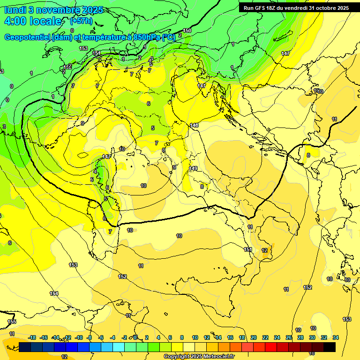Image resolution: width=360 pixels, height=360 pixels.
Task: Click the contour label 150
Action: (x=187, y=31)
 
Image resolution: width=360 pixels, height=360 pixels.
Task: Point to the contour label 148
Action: (x=194, y=126)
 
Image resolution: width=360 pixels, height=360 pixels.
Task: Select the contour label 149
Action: (x=193, y=168)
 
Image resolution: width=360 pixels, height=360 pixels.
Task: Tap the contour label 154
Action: (x=54, y=293)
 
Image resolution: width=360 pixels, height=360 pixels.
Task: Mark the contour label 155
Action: (x=12, y=322)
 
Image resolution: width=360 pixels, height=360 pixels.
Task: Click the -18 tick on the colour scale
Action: (x=32, y=337)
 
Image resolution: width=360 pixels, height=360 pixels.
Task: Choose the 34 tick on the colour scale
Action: (x=336, y=337)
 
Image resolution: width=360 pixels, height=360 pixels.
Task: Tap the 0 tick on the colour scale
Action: (x=135, y=337)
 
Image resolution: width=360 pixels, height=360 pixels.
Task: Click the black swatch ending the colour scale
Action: (x=330, y=347)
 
